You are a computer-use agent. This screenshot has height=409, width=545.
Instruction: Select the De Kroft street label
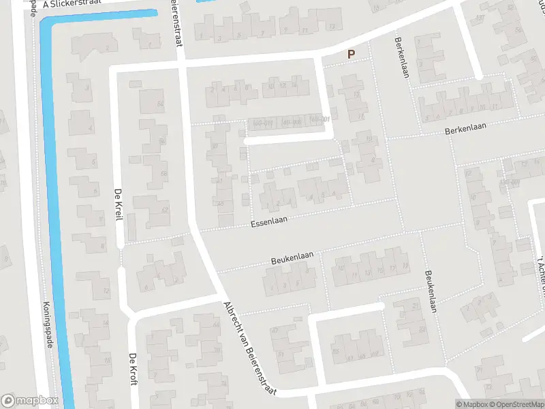tap(133, 370)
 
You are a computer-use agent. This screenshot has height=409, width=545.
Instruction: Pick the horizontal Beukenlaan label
tap(292, 257)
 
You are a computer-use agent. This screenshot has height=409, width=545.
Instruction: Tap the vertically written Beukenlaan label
tap(431, 291)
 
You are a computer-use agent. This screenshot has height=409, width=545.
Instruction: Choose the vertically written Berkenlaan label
tap(401, 57)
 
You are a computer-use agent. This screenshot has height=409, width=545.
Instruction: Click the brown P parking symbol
tap(352, 55)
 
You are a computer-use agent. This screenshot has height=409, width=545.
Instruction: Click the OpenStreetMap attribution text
tap(516, 404)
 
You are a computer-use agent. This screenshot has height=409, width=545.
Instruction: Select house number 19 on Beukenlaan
tap(405, 265)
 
